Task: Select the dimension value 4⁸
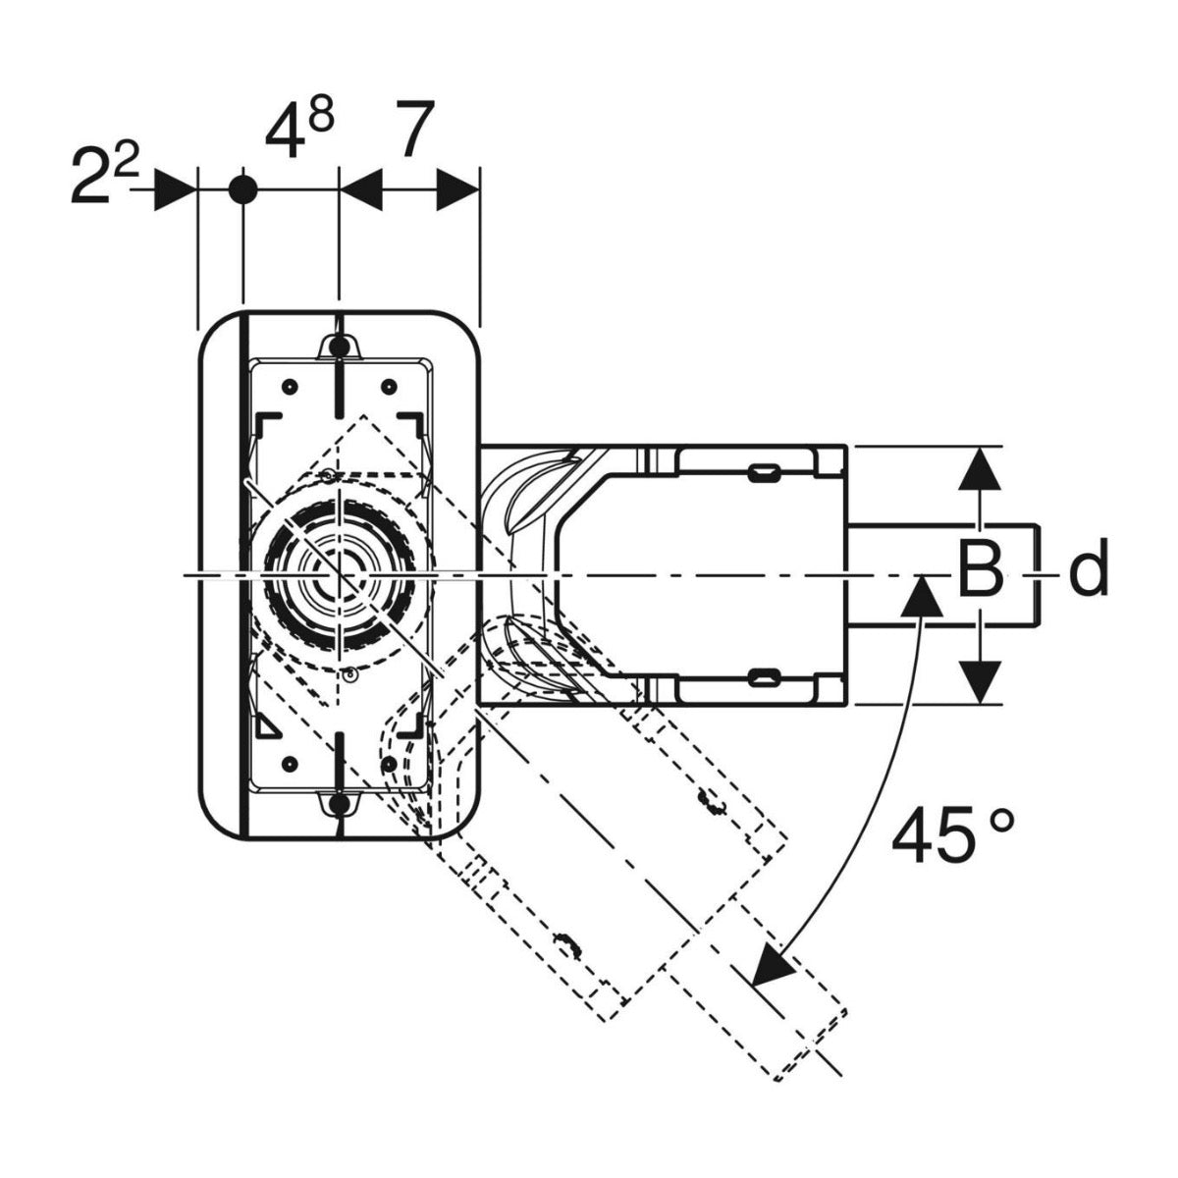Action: coord(299,131)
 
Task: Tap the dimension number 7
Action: coord(414,129)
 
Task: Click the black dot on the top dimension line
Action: coord(243,190)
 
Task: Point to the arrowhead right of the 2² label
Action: coord(175,190)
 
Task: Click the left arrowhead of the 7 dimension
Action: coord(360,190)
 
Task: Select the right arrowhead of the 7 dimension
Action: coord(457,190)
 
